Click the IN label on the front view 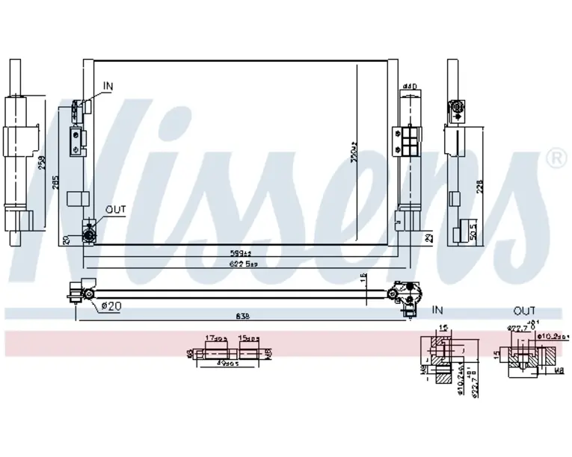pos(108,87)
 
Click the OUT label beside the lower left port pos(115,210)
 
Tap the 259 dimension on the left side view pos(43,161)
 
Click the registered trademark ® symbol pos(555,158)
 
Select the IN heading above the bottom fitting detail pos(438,310)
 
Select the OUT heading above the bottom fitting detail pos(525,310)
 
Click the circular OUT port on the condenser pos(90,237)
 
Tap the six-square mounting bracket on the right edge pos(409,140)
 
